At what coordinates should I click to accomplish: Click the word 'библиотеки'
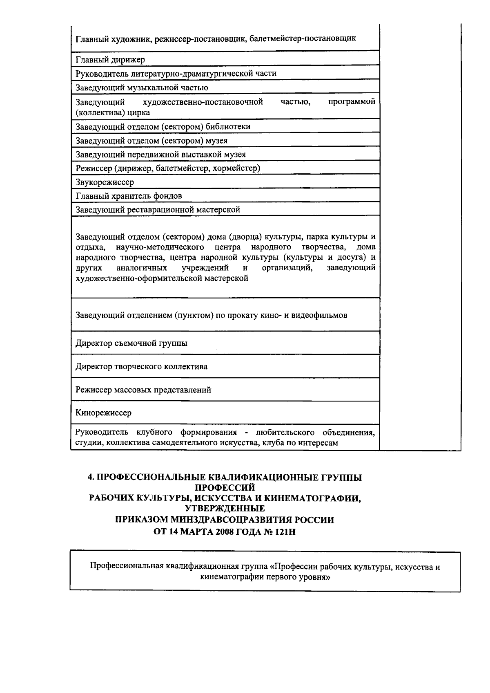(228, 127)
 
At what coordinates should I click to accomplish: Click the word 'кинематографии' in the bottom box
(231, 578)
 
